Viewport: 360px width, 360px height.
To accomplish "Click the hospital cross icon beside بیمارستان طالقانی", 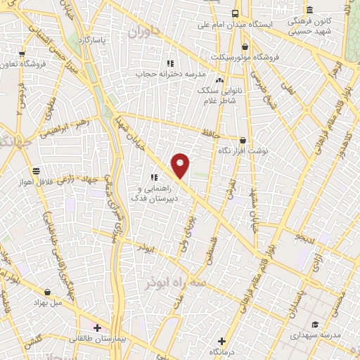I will coord(97,328).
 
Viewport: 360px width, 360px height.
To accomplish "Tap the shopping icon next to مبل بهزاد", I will coord(47,290).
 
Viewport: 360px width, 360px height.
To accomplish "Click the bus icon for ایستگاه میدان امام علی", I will coord(235,13).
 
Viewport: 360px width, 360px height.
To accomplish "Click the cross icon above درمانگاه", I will coord(222,341).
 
